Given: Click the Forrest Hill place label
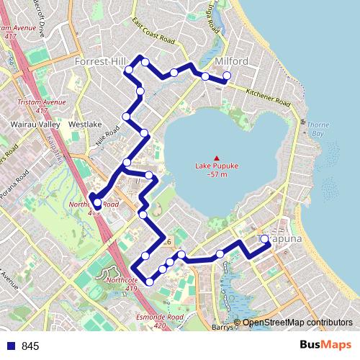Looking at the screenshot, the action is pos(100,63).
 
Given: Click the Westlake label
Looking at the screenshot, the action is pos(85,124).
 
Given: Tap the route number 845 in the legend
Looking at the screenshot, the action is pos(30,346).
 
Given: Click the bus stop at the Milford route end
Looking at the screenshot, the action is pos(227,76).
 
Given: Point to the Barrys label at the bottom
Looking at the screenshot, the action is pos(224,327).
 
